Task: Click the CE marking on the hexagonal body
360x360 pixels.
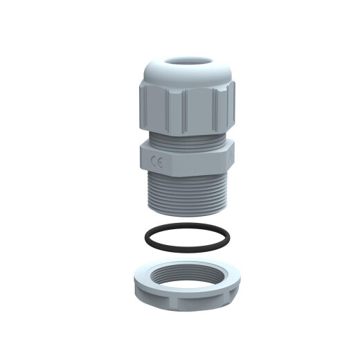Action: coord(159,163)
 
